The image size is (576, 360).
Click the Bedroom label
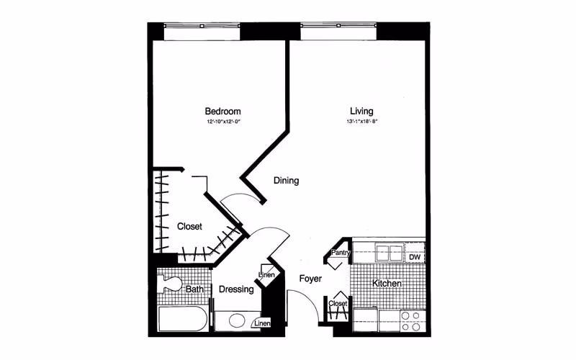222,112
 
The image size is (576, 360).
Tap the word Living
361,112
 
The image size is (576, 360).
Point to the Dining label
286,181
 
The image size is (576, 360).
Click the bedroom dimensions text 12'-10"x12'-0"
222,122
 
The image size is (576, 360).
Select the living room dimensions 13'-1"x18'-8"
361,122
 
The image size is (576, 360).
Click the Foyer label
310,279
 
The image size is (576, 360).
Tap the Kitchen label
387,284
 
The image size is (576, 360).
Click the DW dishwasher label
414,257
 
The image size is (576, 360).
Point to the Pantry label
340,253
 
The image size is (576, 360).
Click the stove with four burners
411,320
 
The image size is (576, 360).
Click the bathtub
182,318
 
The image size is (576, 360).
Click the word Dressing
236,289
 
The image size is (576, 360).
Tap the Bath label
194,289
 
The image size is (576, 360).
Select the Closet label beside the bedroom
189,226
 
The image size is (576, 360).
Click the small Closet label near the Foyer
338,304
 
